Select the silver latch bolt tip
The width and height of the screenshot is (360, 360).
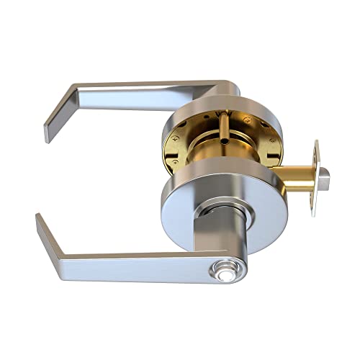tap(327, 174)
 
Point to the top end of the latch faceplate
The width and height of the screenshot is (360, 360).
tap(316, 144)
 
